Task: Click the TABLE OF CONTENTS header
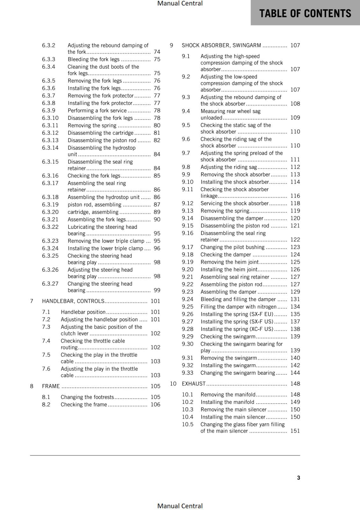305,13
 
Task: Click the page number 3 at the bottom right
299,477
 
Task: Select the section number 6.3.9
48,111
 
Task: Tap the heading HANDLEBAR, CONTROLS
73,301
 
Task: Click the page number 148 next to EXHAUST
295,384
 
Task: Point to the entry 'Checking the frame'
84,404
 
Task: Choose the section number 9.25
187,307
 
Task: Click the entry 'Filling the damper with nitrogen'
238,307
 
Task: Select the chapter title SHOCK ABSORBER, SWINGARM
221,45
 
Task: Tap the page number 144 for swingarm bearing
295,373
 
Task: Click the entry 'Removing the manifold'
228,395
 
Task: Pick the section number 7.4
46,341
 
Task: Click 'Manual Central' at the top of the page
180,4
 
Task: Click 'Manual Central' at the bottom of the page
180,506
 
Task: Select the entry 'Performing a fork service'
97,111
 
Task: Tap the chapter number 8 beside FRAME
32,386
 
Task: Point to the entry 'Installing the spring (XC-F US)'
237,329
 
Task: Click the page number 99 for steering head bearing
157,290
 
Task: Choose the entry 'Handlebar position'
83,312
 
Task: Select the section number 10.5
188,425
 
